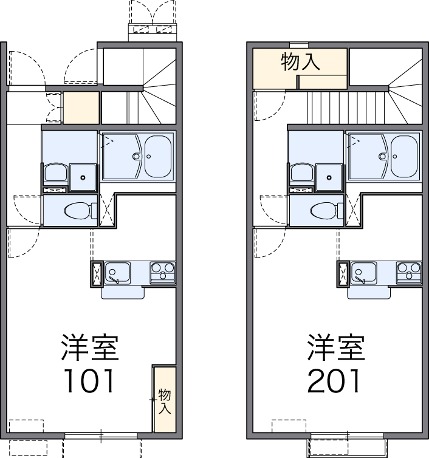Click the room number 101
pyautogui.click(x=89, y=380)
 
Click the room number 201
pyautogui.click(x=335, y=380)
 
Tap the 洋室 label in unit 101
pyautogui.click(x=89, y=347)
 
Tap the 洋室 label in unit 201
pyautogui.click(x=335, y=347)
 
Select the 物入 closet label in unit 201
pyautogui.click(x=300, y=61)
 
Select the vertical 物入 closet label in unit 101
pyautogui.click(x=165, y=401)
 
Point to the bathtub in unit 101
pyautogui.click(x=158, y=156)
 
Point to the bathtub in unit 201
pyautogui.click(x=404, y=156)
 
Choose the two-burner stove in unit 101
pyautogui.click(x=162, y=272)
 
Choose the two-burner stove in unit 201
pyautogui.click(x=408, y=272)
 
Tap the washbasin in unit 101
pyautogui.click(x=55, y=173)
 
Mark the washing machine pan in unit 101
pyautogui.click(x=83, y=177)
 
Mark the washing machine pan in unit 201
pyautogui.click(x=329, y=177)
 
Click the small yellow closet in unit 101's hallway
pyautogui.click(x=81, y=108)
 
